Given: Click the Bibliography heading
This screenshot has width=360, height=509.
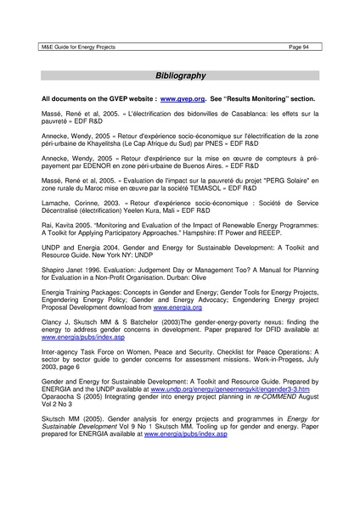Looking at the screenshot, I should [x=179, y=76].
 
